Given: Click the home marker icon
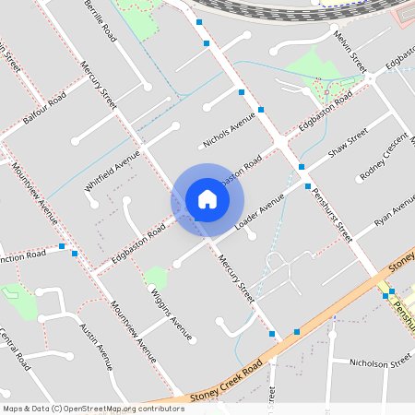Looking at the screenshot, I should tap(207, 199).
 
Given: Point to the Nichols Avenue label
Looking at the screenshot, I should tap(228, 131).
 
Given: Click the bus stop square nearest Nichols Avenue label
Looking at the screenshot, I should tap(241, 93).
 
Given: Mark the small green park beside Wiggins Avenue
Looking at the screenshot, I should tap(156, 276).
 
